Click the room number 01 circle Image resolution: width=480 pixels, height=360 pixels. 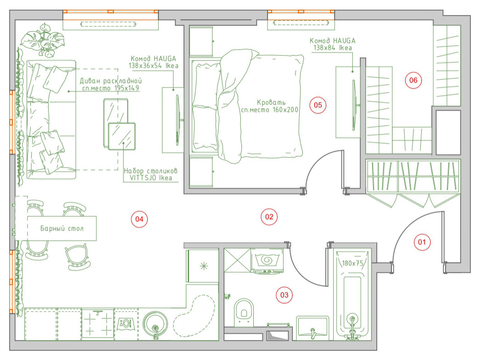coord(422,242)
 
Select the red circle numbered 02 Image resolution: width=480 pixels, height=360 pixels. coord(269,217)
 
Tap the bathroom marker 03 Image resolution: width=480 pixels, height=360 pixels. coord(284,295)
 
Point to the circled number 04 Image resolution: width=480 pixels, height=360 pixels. coord(140,219)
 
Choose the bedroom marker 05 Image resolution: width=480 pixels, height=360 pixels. coord(318,105)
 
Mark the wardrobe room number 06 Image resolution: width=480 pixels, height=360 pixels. coord(413,80)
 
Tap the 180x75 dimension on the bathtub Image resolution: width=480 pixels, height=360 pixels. coord(352,263)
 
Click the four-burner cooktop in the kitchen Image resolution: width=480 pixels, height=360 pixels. coord(98,325)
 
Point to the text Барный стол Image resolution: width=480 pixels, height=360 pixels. coord(62,228)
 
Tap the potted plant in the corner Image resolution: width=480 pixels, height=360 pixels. coord(43,40)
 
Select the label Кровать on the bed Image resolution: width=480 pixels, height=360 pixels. coord(271,102)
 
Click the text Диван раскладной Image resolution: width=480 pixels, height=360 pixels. coord(111,81)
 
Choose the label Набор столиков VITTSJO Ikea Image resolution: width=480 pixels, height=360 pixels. coord(151,174)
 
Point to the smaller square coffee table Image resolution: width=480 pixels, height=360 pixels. coord(122,136)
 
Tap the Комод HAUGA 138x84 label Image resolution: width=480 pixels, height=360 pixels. coord(332,44)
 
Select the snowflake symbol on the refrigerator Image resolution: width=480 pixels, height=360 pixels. coord(204,266)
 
